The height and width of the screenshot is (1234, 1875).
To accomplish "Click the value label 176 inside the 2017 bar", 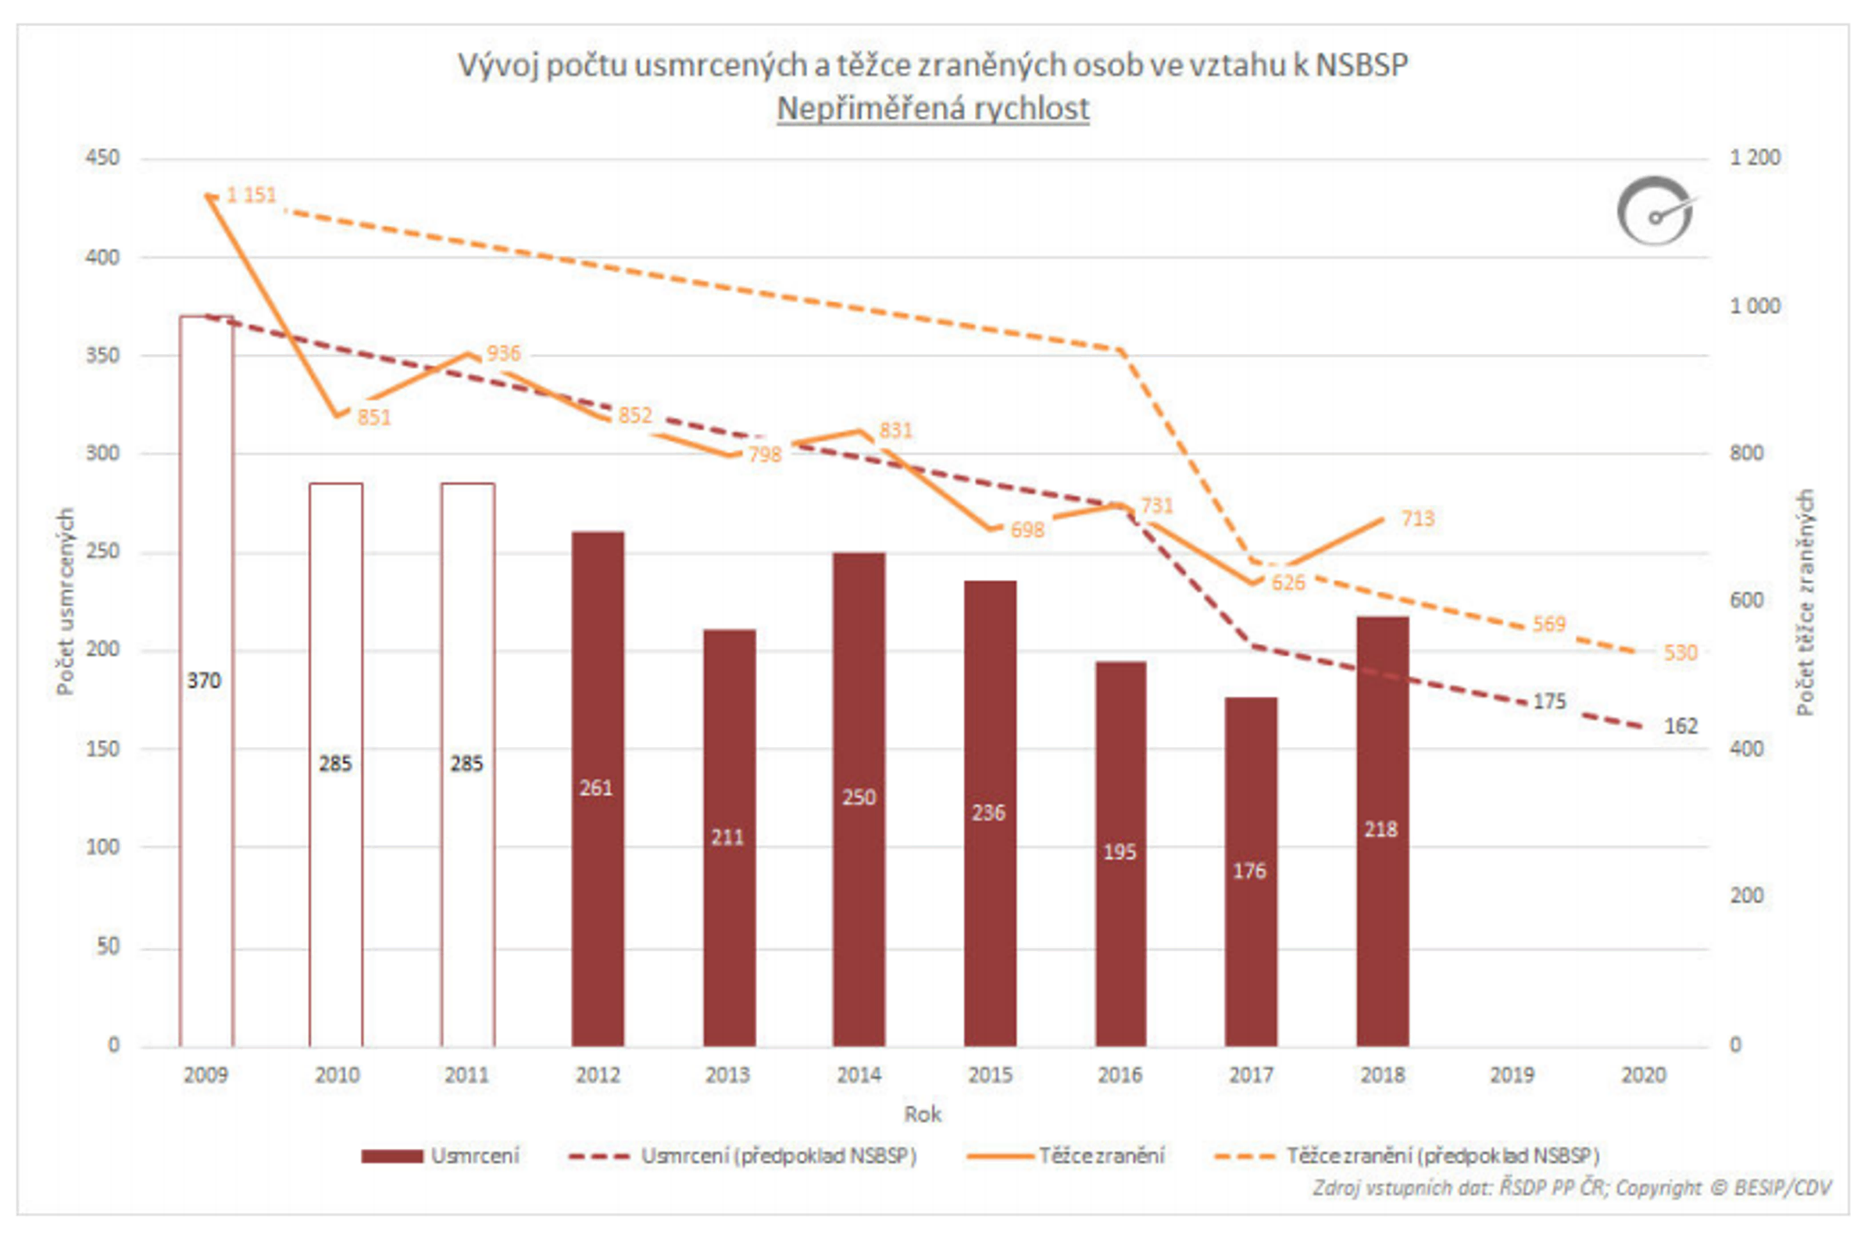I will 1249,871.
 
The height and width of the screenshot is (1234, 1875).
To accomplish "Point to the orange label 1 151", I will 252,195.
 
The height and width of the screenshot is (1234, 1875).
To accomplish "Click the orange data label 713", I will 1417,518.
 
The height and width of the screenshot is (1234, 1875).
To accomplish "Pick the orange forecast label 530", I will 1680,653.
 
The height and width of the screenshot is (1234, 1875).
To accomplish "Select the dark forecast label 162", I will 1680,726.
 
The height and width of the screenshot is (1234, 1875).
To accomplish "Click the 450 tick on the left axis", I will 102,158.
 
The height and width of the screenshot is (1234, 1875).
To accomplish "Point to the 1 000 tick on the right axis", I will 1755,306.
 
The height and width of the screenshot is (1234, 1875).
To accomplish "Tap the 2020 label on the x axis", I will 1644,1075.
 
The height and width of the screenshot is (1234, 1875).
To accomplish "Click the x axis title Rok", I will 923,1114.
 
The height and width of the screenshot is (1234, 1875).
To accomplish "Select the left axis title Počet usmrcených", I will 66,601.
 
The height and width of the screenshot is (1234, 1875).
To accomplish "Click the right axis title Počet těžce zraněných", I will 1805,601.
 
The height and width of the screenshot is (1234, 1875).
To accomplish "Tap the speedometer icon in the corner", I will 1655,211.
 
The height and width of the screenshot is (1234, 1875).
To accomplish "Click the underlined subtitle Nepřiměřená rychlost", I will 933,109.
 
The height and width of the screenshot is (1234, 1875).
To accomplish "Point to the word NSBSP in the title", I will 1361,66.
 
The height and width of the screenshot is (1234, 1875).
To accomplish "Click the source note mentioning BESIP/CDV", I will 1572,1188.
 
